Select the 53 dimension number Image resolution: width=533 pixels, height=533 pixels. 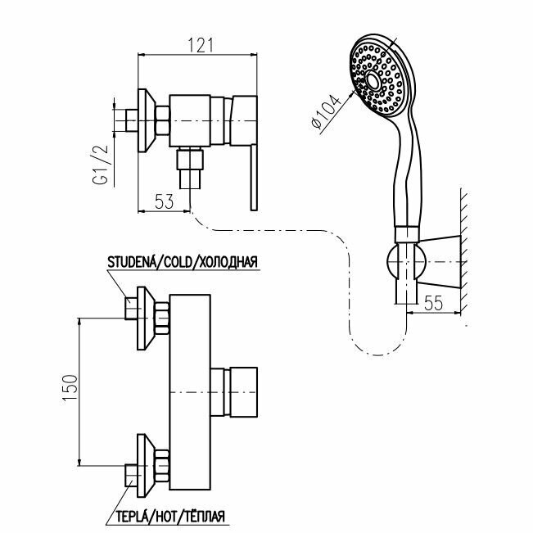click(x=165, y=201)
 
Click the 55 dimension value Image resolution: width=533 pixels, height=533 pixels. click(x=434, y=300)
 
